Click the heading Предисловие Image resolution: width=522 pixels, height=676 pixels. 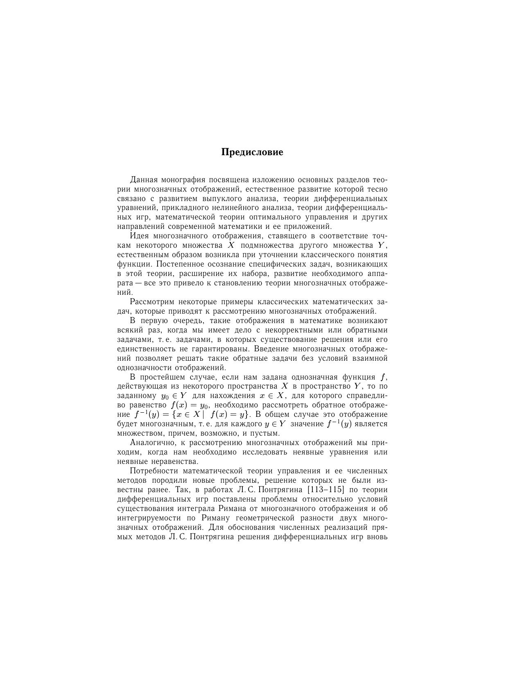[252, 152]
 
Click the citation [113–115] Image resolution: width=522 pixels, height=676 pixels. [325, 490]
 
